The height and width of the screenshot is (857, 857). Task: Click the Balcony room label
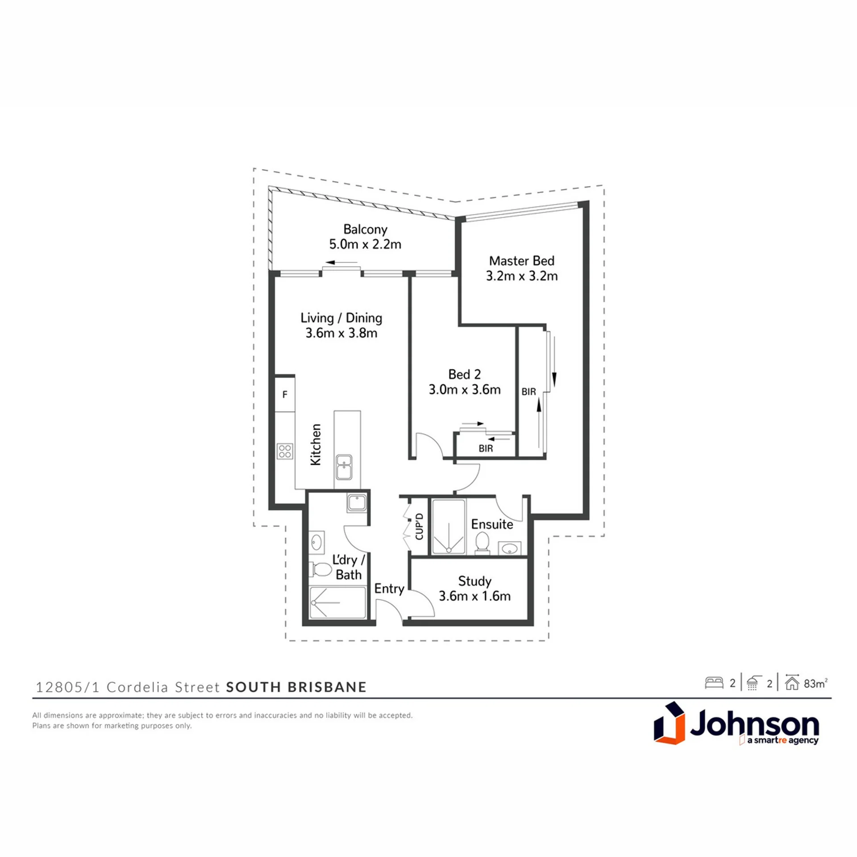[x=365, y=229]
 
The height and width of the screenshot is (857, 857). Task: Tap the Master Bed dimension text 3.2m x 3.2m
[x=522, y=276]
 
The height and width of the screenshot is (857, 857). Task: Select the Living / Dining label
[x=341, y=318]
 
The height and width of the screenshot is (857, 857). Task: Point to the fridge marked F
[x=285, y=395]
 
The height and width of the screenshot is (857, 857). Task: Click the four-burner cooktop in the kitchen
[x=285, y=451]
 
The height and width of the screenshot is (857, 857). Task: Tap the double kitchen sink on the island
[x=344, y=467]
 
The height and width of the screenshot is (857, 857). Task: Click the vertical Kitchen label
[x=316, y=445]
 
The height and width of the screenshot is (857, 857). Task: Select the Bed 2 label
[x=465, y=374]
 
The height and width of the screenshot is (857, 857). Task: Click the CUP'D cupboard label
[x=419, y=526]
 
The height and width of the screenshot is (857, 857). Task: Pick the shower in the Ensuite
[x=449, y=527]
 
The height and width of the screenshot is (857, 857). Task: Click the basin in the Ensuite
[x=509, y=548]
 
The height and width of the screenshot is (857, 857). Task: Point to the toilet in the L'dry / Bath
[x=320, y=570]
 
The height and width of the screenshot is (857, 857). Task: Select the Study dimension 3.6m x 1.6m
[x=474, y=596]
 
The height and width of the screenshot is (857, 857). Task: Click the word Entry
[x=389, y=589]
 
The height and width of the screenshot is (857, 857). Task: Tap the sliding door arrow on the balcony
[x=341, y=262]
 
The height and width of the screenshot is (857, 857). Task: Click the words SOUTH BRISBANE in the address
[x=296, y=687]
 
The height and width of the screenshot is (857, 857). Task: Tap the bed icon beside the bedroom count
[x=714, y=683]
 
